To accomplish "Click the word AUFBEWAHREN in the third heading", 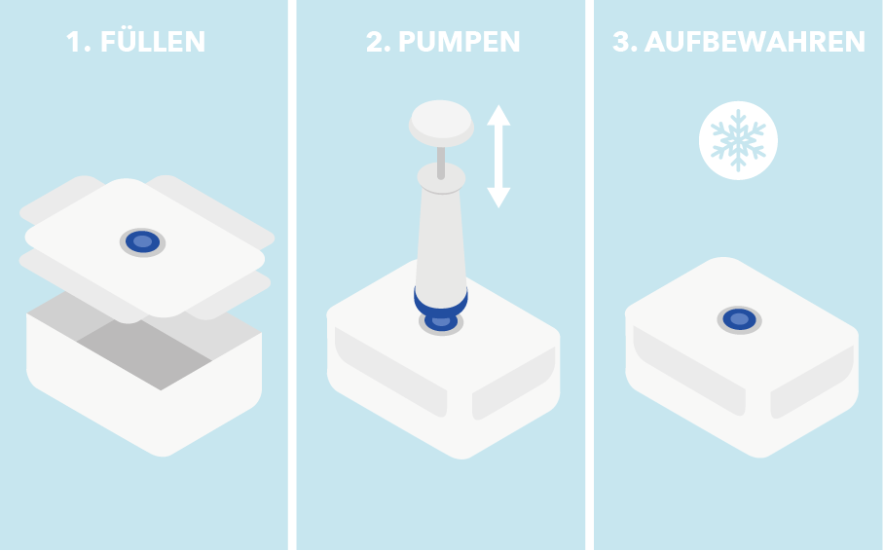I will [755, 43].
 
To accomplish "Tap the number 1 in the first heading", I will [72, 43].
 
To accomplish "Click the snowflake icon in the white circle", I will [738, 141].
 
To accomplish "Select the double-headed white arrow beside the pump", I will [498, 156].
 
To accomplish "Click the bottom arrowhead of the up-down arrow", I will [498, 197].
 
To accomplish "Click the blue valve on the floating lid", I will [142, 241].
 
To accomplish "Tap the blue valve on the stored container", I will [739, 319].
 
